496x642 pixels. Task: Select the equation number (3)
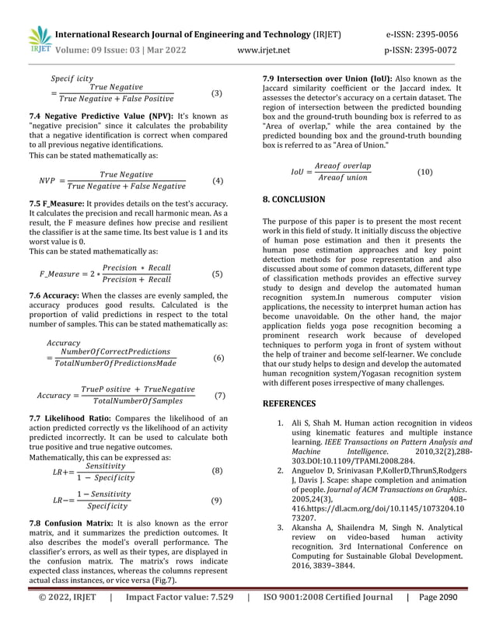(x=217, y=93)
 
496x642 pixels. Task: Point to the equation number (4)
(x=217, y=182)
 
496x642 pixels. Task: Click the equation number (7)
(x=219, y=395)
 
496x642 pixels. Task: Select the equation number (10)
(x=425, y=172)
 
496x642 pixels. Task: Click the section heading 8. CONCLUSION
(x=294, y=200)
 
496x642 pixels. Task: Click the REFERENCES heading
(x=289, y=403)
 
